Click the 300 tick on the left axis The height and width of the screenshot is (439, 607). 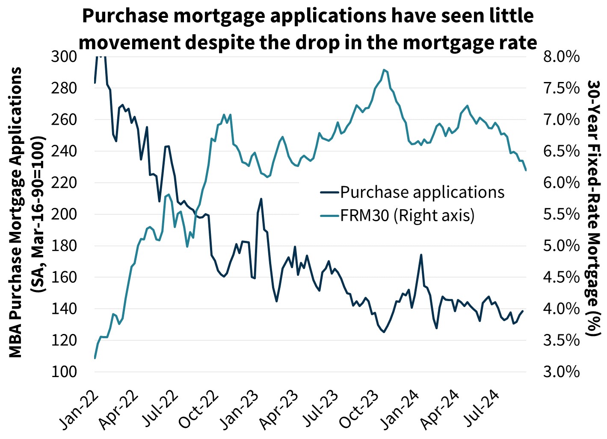[x=64, y=56]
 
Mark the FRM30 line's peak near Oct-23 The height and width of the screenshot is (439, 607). [x=384, y=70]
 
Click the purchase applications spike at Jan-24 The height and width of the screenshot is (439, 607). [x=421, y=255]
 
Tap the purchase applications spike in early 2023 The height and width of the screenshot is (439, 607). [x=261, y=199]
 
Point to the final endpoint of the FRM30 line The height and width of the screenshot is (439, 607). [x=526, y=170]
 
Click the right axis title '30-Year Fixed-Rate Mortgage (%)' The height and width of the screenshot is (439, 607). [x=593, y=208]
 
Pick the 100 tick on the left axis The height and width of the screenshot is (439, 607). [x=64, y=372]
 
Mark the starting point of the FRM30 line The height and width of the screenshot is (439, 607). [x=95, y=358]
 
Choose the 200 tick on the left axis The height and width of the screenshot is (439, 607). [x=64, y=214]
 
